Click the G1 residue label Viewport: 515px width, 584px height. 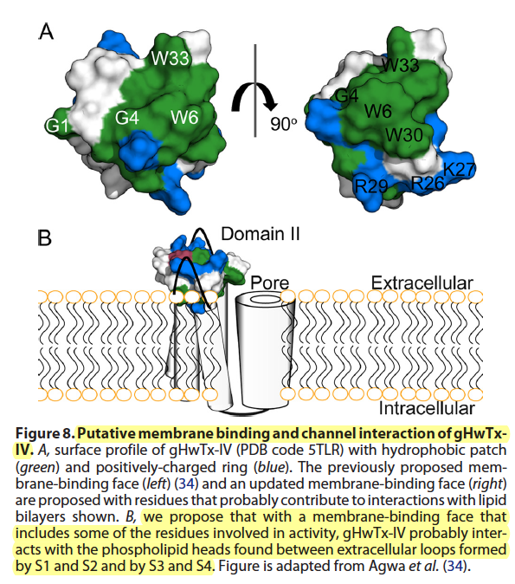coord(58,126)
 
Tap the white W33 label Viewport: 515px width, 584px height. coord(171,58)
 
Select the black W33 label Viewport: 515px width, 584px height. coord(401,65)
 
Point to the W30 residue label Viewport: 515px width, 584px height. coord(404,134)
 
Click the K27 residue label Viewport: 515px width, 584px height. coord(460,170)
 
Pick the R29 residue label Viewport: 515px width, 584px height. coord(371,185)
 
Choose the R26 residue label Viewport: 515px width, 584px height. coord(428,183)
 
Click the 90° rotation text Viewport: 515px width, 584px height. coord(284,124)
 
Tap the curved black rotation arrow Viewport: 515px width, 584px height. coord(254,96)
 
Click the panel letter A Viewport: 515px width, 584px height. coord(46,31)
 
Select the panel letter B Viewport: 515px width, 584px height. coord(45,238)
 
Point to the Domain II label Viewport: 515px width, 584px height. coord(261,234)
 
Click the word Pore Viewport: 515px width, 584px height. coord(269,282)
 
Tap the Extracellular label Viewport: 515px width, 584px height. coord(422,283)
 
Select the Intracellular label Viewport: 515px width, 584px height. coord(427,408)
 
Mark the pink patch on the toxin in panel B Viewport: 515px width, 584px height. coord(181,256)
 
